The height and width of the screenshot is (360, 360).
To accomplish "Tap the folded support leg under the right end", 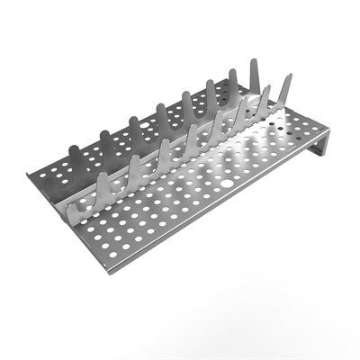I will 315,153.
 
